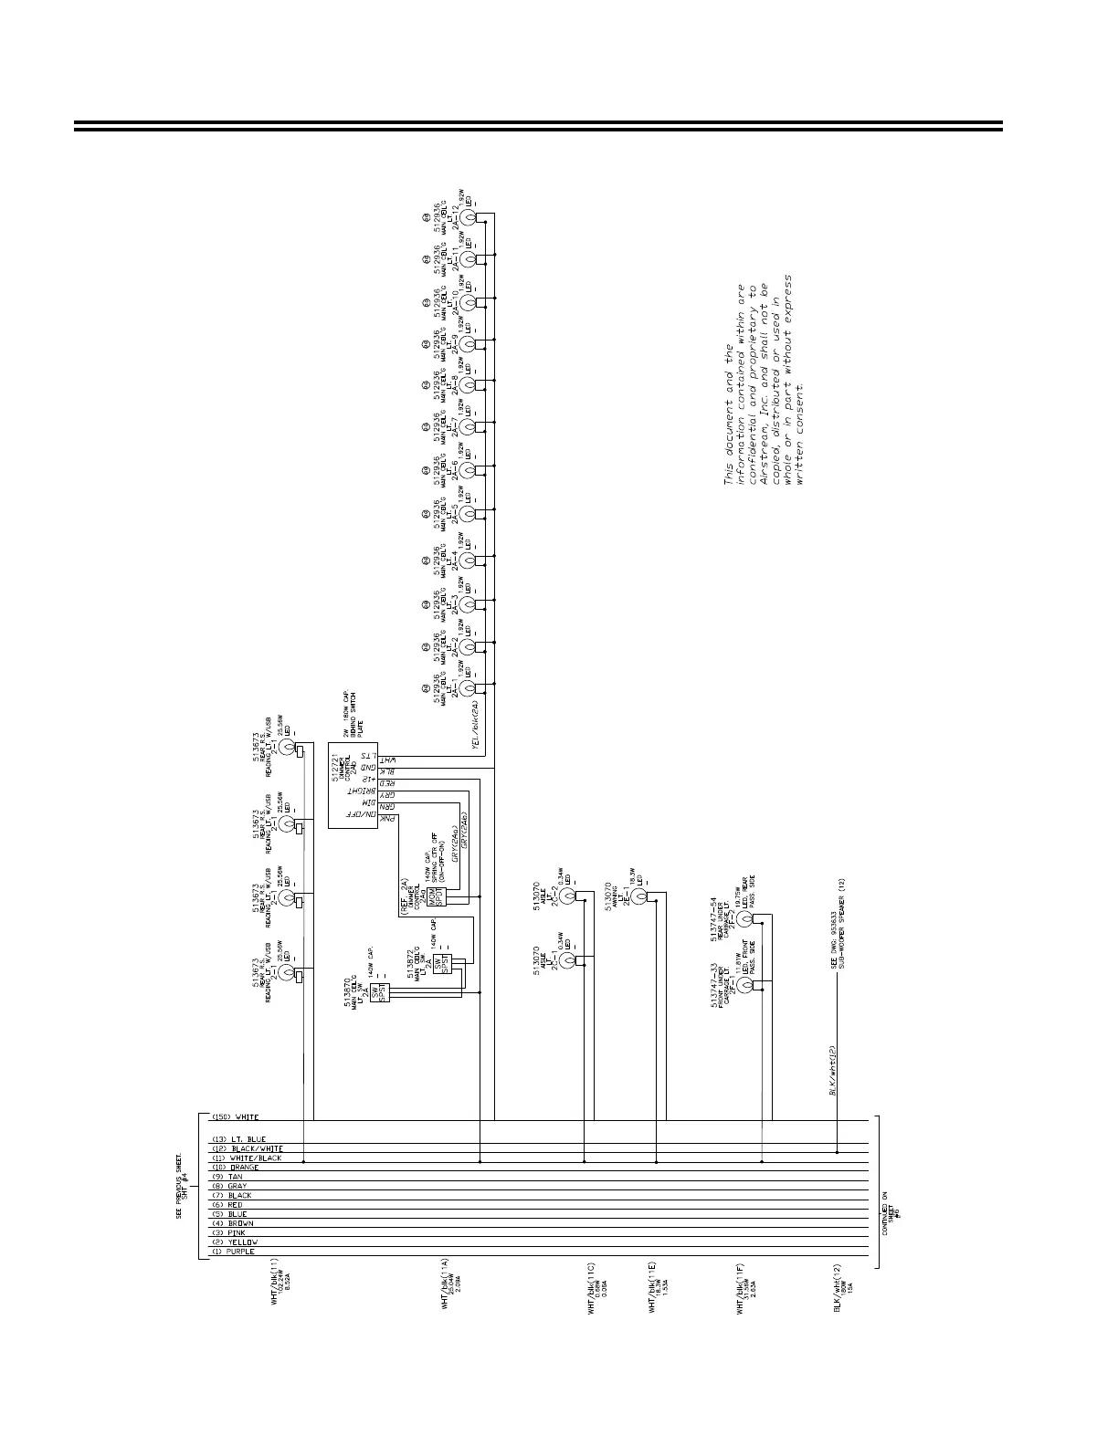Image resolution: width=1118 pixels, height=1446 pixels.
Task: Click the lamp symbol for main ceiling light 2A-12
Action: click(x=468, y=218)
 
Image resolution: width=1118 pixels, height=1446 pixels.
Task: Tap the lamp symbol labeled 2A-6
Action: click(x=468, y=470)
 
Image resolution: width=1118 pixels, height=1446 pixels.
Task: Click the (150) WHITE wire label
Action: click(x=235, y=1117)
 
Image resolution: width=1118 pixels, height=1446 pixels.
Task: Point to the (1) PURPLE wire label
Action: click(x=234, y=1252)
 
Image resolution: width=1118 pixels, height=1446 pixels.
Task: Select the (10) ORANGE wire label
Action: click(x=235, y=1168)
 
